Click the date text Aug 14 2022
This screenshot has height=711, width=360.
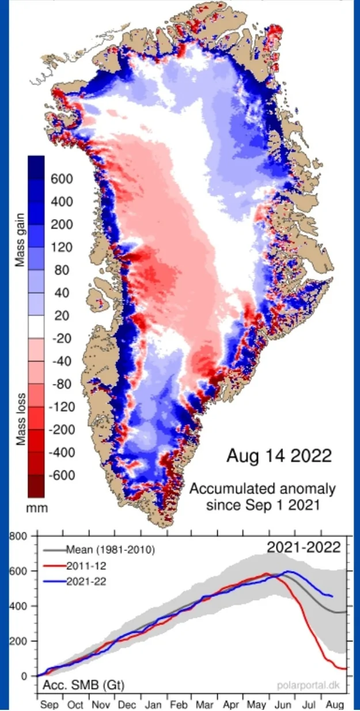coord(279,457)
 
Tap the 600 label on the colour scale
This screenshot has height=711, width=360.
coord(62,179)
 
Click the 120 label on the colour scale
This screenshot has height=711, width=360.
coord(62,248)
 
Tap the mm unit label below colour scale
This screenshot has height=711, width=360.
coord(37,508)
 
